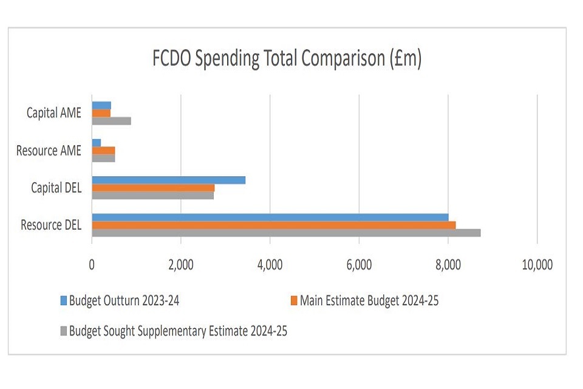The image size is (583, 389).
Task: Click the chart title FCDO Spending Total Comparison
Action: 287,60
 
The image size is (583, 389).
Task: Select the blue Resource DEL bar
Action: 270,217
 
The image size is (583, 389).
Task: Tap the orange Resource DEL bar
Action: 273,225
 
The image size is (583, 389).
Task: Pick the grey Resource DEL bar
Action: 285,233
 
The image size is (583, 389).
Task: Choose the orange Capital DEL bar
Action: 153,188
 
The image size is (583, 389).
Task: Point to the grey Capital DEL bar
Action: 152,195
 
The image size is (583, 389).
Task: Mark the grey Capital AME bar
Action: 111,120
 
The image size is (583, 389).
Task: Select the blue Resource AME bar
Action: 96,142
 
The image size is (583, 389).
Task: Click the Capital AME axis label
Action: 53,113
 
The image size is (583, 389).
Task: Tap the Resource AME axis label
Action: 49,150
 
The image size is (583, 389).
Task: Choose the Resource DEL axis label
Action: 50,225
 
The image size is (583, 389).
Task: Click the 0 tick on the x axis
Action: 92,265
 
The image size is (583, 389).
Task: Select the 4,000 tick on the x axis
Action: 270,265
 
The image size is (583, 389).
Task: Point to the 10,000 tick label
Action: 537,265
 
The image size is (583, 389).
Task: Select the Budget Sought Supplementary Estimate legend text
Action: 178,331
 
